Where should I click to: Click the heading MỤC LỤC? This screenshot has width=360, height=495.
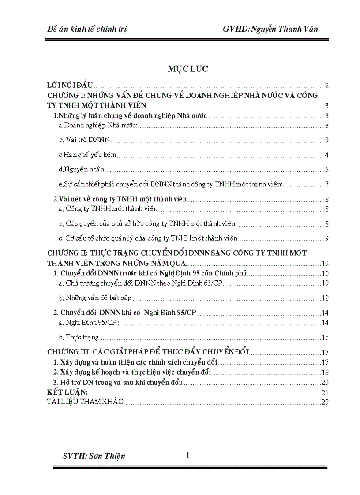pos(187,69)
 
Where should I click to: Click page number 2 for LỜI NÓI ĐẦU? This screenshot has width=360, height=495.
pos(327,86)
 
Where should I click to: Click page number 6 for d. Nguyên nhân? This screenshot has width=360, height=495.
pos(327,170)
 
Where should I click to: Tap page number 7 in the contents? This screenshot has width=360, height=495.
pos(327,184)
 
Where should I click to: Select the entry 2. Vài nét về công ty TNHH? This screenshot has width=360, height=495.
pos(120,199)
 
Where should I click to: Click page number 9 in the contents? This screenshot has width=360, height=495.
pos(327,238)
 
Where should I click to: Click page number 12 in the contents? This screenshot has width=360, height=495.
pos(325,298)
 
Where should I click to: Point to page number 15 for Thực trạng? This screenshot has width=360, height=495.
pos(325,338)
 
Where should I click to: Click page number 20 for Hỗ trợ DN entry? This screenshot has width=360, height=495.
pos(325,382)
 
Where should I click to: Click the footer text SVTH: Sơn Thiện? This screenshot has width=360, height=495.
pos(94,456)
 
